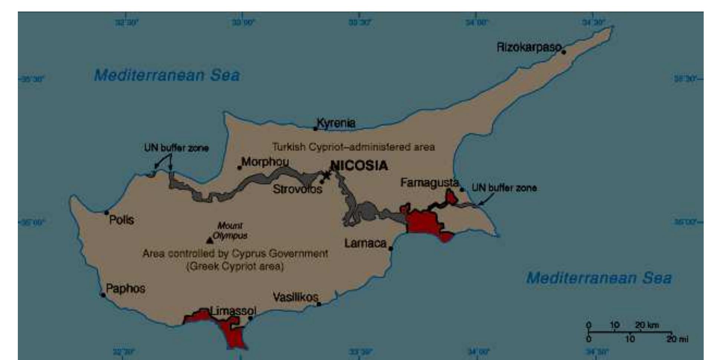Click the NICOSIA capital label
[x=359, y=165]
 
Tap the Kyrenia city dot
[x=315, y=129]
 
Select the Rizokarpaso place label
[x=529, y=48]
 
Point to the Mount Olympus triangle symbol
[x=210, y=240]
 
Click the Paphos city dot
[x=103, y=295]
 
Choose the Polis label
[x=121, y=220]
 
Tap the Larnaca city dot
[x=391, y=248]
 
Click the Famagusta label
[x=429, y=183]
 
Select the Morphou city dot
[x=240, y=168]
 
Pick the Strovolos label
[x=297, y=189]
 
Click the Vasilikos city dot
[x=319, y=304]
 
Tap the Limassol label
[x=233, y=311]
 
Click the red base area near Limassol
[x=230, y=331]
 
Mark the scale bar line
[x=630, y=332]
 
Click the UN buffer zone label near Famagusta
[x=504, y=188]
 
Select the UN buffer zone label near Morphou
[x=176, y=148]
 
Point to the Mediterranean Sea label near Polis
[x=167, y=75]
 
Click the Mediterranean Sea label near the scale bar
[x=599, y=278]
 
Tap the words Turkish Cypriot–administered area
[x=353, y=147]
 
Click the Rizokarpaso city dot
[x=564, y=52]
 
